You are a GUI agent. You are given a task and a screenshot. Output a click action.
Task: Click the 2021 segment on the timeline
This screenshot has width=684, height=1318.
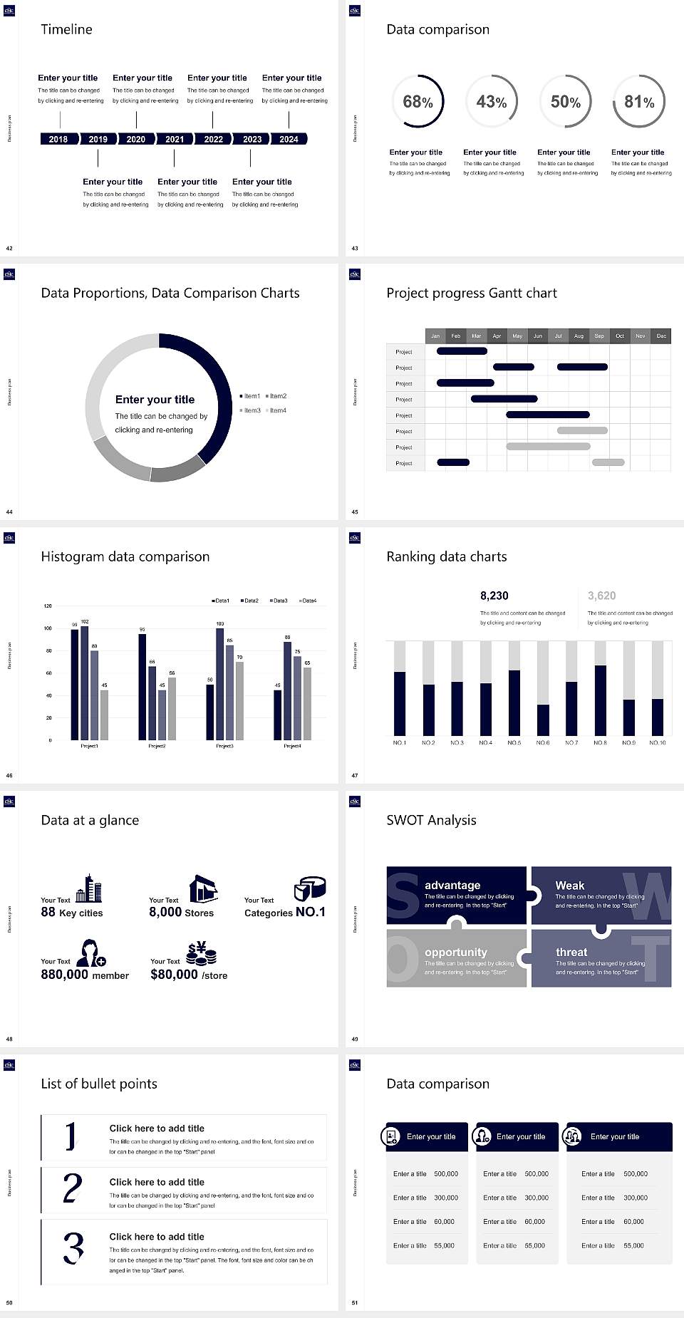pyautogui.click(x=175, y=139)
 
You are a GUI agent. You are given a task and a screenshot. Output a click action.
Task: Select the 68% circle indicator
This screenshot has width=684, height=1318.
pyautogui.click(x=418, y=102)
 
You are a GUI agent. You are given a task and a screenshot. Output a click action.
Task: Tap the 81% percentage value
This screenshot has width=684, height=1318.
pyautogui.click(x=639, y=102)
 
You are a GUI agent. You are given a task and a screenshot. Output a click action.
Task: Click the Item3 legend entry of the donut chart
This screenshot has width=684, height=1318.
pyautogui.click(x=250, y=410)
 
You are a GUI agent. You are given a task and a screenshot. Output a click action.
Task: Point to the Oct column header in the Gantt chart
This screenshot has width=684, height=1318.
pyautogui.click(x=620, y=336)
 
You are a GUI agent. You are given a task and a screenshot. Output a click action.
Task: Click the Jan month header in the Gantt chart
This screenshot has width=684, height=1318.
pyautogui.click(x=435, y=336)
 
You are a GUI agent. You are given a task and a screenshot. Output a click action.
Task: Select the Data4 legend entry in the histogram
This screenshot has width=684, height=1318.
pyautogui.click(x=307, y=601)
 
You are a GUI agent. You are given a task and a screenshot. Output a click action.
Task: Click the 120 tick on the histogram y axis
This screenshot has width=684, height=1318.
pyautogui.click(x=48, y=606)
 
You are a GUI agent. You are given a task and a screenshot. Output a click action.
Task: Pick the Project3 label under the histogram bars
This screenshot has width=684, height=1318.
pyautogui.click(x=224, y=746)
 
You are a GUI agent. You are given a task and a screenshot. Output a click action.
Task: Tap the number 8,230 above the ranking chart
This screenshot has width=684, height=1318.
pyautogui.click(x=494, y=596)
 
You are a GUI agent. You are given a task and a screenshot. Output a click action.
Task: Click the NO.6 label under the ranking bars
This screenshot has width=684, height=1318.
pyautogui.click(x=543, y=742)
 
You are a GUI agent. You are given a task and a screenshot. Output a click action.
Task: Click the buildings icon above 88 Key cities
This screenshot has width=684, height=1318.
pyautogui.click(x=88, y=888)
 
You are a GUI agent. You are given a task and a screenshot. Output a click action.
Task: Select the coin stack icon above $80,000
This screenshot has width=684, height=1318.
pyautogui.click(x=201, y=953)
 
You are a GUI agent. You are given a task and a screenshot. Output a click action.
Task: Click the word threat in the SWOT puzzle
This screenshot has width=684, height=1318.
pyautogui.click(x=571, y=952)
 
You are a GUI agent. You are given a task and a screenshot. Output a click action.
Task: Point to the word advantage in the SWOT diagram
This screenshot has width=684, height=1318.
pyautogui.click(x=452, y=885)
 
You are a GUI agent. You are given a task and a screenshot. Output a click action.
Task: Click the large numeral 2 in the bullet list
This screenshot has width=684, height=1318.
pyautogui.click(x=72, y=1188)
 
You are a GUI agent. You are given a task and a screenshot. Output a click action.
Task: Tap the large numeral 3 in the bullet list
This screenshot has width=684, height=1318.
pyautogui.click(x=73, y=1247)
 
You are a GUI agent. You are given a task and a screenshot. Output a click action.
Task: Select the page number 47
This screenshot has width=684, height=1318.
pyautogui.click(x=355, y=775)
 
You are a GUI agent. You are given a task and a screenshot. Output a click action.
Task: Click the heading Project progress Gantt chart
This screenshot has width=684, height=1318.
pyautogui.click(x=471, y=293)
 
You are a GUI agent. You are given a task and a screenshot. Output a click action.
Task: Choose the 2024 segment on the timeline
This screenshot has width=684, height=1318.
pyautogui.click(x=289, y=139)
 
